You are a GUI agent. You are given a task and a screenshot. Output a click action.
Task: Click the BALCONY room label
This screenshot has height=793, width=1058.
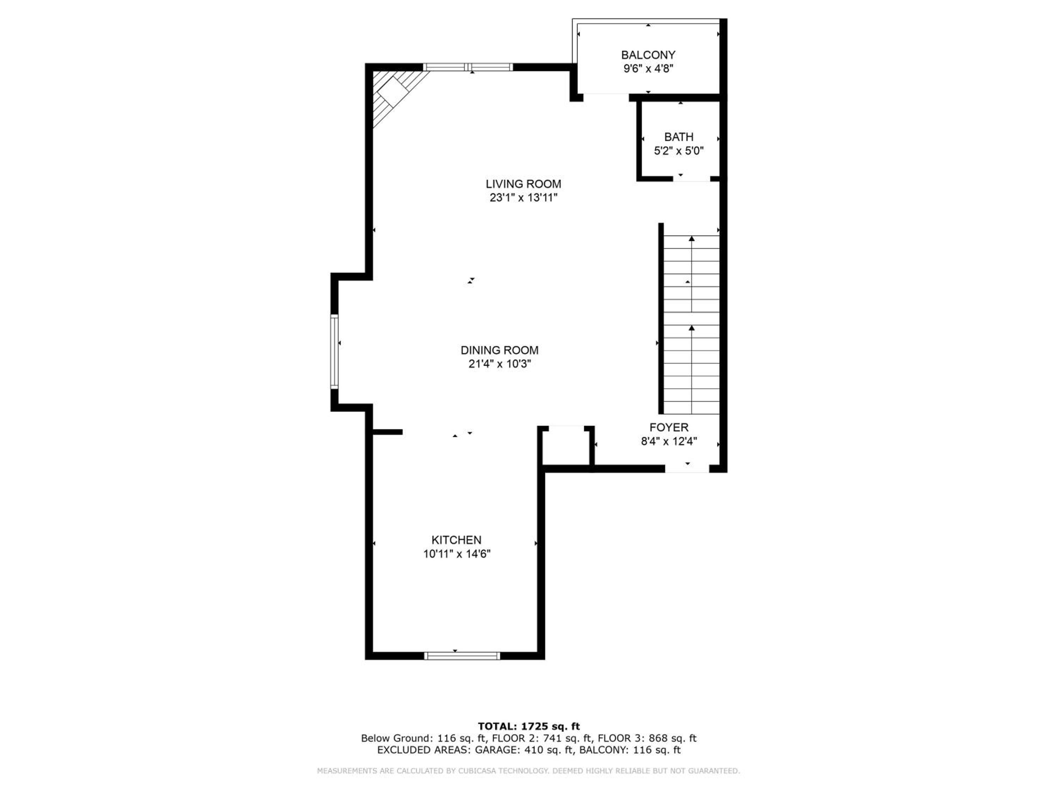coord(648,55)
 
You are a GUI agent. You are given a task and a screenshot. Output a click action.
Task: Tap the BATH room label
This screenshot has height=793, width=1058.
coord(679,137)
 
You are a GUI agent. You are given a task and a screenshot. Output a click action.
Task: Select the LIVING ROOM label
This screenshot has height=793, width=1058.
coord(523,184)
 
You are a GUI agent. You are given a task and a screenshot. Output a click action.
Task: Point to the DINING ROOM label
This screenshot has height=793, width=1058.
coord(499,350)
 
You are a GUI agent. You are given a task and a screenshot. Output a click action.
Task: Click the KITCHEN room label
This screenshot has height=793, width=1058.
coord(456,540)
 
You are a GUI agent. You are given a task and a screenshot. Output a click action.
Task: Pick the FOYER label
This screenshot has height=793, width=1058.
coord(669,427)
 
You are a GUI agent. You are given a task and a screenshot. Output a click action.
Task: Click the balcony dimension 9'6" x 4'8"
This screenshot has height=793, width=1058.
coord(648,69)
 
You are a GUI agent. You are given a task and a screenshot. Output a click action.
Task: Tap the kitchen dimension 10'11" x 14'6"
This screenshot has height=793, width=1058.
coord(457,554)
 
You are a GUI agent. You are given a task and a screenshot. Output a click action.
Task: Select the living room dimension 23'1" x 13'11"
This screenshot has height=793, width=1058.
coord(523,198)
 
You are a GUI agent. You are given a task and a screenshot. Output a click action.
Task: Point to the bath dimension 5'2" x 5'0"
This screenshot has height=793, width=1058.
coord(679,151)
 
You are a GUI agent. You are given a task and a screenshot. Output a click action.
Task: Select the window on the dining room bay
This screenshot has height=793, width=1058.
coord(334,351)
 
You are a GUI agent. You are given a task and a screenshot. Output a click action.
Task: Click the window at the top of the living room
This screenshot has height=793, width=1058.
coord(468,67)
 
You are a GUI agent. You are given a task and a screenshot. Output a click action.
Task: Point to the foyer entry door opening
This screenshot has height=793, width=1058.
coord(687,469)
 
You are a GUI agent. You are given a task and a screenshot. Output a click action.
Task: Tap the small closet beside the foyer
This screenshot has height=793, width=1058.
coord(566,445)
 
